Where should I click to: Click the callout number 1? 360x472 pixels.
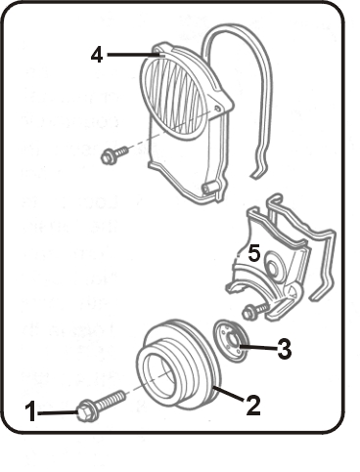click(x=31, y=411)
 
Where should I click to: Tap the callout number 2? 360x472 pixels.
click(x=253, y=406)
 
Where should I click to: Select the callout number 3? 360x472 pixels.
click(x=284, y=349)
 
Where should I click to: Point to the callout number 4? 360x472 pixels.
click(x=97, y=55)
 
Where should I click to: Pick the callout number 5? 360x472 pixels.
click(x=254, y=253)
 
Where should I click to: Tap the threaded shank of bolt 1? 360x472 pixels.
click(x=110, y=400)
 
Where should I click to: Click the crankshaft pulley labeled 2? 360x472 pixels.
click(x=179, y=365)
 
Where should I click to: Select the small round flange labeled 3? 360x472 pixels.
click(x=232, y=340)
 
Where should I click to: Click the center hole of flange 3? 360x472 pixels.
click(x=234, y=342)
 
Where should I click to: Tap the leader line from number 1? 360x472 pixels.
click(x=58, y=412)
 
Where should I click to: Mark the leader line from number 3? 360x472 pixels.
click(x=259, y=348)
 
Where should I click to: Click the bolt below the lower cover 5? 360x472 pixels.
click(x=256, y=311)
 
